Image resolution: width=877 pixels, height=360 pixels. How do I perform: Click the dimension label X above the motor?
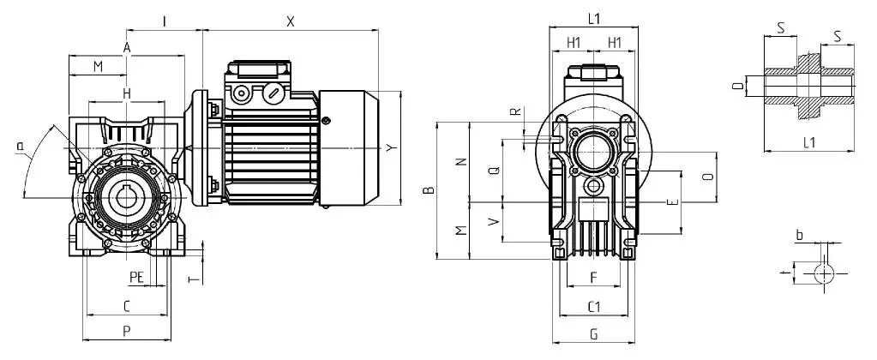pos(291,21)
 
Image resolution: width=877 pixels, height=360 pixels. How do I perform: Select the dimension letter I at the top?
pos(165,21)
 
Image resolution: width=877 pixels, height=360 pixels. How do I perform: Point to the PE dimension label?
pos(137,277)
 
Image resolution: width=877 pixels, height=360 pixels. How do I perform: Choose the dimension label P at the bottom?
pos(127,331)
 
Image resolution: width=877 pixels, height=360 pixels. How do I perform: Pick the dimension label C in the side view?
pos(127,306)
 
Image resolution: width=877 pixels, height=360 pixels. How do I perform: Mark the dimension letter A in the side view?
pos(127,48)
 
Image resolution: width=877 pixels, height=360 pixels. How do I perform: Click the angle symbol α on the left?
pos(21,147)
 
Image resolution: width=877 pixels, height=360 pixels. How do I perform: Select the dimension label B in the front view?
pos(429,190)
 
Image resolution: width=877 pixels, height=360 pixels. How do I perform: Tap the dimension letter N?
pos(461,161)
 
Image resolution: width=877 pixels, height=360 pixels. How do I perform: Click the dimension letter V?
pos(493,222)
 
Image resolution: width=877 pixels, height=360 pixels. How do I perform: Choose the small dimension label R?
pos(517,111)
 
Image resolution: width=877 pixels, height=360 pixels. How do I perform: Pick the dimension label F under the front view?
pos(594,277)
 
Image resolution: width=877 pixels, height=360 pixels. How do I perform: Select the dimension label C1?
pos(594,306)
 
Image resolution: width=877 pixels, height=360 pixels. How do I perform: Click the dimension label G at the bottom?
pos(594,335)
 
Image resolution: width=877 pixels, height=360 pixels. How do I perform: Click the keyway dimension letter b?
pos(800,236)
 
